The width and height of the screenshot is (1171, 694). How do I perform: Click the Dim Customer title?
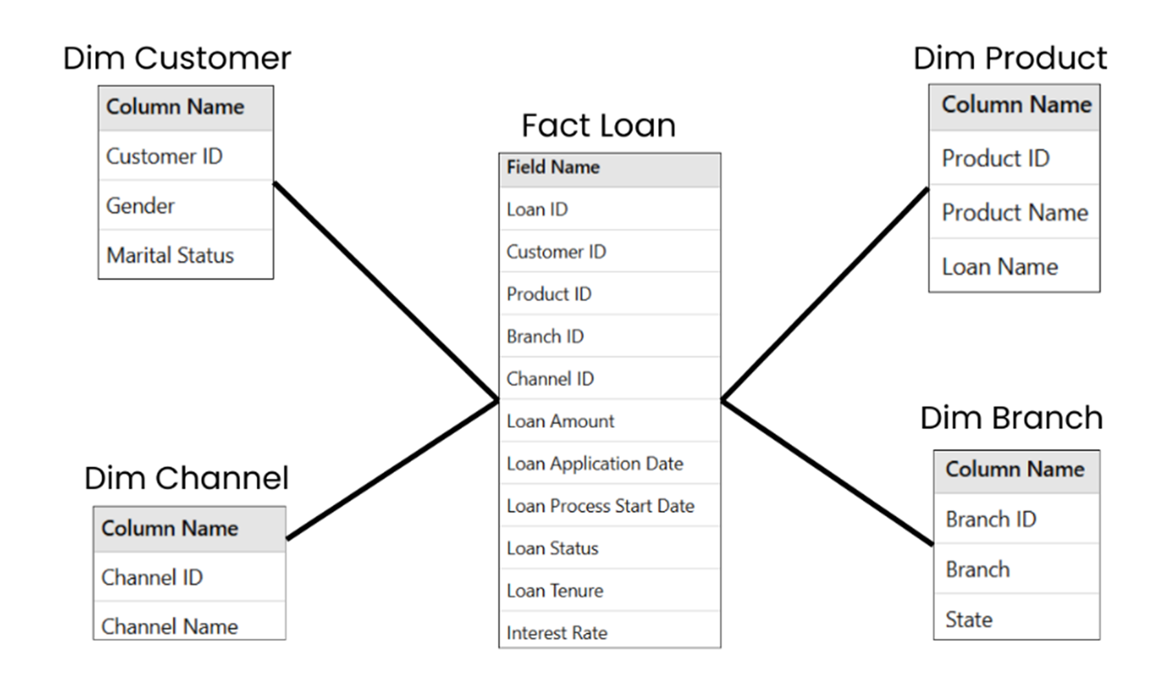click(177, 58)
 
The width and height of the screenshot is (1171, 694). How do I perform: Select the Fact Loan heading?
click(598, 126)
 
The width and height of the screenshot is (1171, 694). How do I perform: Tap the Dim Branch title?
click(1011, 418)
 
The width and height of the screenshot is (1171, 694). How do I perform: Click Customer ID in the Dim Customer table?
click(164, 156)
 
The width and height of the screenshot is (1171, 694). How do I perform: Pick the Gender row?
click(140, 206)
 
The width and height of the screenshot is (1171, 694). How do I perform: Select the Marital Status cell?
click(170, 255)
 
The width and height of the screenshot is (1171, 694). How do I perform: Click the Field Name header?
click(553, 168)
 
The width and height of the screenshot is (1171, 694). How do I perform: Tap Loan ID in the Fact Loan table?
click(537, 210)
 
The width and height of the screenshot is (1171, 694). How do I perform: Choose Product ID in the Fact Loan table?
click(549, 294)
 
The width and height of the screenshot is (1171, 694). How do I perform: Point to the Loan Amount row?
click(560, 421)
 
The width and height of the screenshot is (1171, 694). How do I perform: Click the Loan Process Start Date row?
click(600, 506)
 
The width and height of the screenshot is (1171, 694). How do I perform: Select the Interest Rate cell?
click(557, 632)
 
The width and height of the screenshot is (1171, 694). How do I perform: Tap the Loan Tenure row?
click(555, 590)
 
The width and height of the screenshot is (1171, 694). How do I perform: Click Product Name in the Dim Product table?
click(1014, 212)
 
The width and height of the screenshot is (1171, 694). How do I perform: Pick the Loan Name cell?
click(1000, 267)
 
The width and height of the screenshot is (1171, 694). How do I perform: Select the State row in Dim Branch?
click(969, 620)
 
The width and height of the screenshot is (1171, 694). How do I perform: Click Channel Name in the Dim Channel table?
click(170, 626)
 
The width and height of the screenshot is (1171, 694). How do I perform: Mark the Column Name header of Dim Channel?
click(170, 528)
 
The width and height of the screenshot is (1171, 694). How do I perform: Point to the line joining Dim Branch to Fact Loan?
click(828, 473)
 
